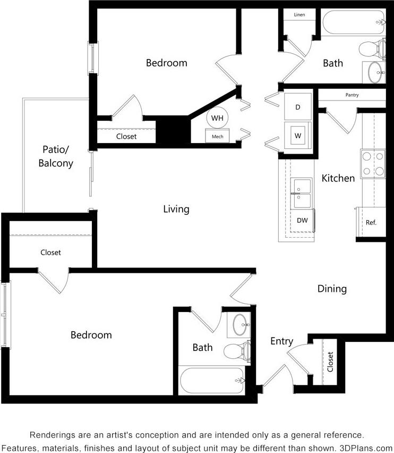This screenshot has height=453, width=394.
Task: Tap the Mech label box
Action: (217, 137)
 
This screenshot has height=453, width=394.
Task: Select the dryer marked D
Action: (298, 107)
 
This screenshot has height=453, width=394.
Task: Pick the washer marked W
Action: (298, 136)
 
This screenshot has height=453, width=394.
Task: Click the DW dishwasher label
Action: (302, 220)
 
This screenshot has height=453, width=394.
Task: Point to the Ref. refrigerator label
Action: (371, 222)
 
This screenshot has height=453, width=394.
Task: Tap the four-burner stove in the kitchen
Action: (373, 163)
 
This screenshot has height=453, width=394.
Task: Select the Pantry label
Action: (352, 95)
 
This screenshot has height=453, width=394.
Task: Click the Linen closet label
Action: (298, 15)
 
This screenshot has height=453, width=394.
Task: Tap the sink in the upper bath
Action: (374, 72)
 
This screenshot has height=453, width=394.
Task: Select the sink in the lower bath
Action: (240, 324)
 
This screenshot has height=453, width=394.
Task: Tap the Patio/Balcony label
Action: (56, 156)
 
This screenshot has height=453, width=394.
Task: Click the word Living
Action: (176, 209)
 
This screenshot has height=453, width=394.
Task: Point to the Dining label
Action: (332, 289)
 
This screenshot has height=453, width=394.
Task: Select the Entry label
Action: (281, 341)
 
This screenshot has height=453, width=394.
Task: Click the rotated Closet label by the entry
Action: (330, 362)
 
